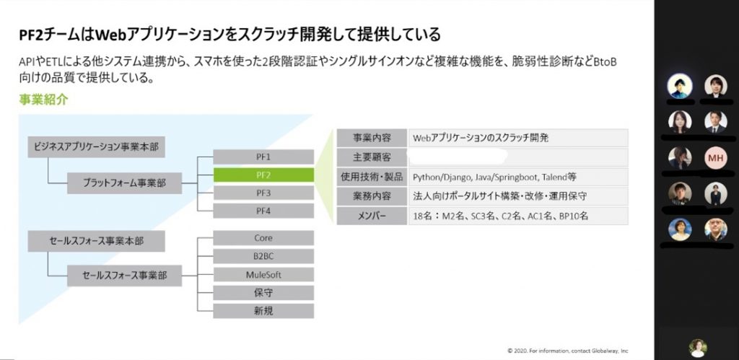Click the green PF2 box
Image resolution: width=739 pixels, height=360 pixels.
click(x=263, y=175)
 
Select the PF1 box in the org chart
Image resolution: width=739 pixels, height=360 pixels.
click(x=263, y=157)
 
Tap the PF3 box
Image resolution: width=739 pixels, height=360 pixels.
click(x=263, y=193)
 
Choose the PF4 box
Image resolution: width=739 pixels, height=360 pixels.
click(x=263, y=211)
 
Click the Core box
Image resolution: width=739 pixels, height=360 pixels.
click(x=263, y=238)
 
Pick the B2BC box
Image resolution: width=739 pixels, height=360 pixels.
click(x=263, y=256)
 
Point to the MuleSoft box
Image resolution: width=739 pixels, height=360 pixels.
click(x=263, y=275)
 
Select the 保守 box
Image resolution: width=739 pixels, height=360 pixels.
click(x=263, y=293)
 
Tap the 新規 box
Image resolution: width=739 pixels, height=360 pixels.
click(x=263, y=311)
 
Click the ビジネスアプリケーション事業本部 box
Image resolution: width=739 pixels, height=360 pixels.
click(x=96, y=147)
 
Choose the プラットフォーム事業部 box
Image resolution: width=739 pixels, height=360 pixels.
click(x=124, y=183)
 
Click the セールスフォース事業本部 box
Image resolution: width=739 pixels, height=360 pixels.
click(x=96, y=241)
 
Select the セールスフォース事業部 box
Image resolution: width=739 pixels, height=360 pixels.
click(x=124, y=276)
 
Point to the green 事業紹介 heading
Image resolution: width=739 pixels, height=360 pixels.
click(x=44, y=100)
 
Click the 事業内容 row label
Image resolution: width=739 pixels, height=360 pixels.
click(x=372, y=138)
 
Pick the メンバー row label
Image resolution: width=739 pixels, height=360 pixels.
click(x=372, y=216)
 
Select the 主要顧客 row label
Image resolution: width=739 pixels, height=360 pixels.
click(x=372, y=157)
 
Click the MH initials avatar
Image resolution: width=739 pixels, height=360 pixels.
click(x=715, y=158)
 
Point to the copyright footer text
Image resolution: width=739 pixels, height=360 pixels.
click(x=568, y=351)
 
